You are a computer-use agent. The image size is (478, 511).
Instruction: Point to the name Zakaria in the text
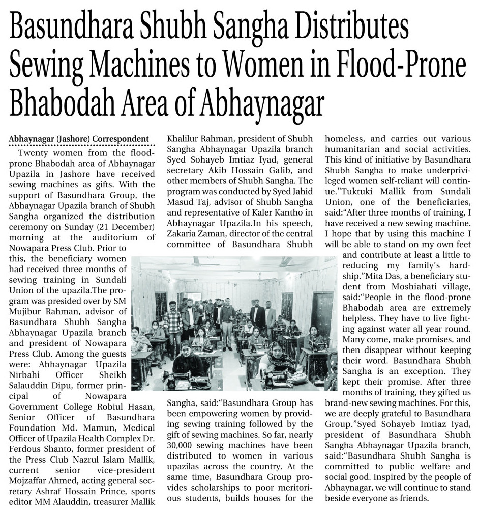pos(185,232)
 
